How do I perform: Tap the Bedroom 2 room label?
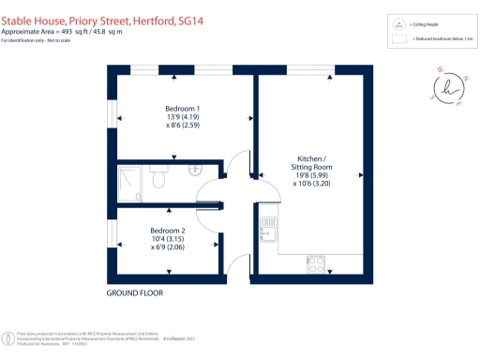170,230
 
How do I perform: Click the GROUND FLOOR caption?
135,292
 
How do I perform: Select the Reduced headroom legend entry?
440,38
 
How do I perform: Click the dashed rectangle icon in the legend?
401,38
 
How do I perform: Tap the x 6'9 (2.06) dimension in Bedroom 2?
170,248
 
